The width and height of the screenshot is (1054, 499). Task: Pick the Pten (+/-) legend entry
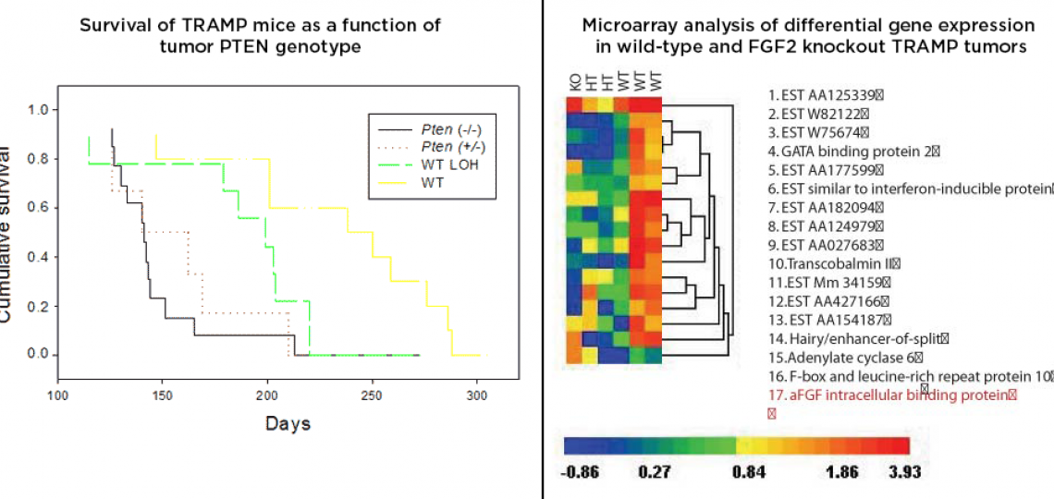(x=450, y=146)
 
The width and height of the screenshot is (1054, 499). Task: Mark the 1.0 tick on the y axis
(x=36, y=110)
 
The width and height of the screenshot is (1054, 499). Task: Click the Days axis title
(x=288, y=424)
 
